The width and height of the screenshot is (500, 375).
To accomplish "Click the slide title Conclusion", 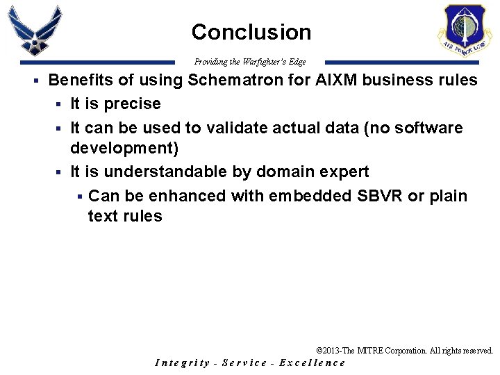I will pos(251,32).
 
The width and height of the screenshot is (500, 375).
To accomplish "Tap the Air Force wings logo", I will pos(35,31).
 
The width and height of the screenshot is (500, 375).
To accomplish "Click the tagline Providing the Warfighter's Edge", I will pos(250,62).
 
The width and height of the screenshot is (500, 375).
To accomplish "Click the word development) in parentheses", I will pos(124,149).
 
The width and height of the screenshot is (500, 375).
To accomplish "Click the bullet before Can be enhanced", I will pos(80,197).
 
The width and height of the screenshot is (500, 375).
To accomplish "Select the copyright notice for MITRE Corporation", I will pos(404,351).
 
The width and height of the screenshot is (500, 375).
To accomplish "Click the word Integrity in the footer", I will pos(182,362).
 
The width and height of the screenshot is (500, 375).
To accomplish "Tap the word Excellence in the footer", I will pos(312,362).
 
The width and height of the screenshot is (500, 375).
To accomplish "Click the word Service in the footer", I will pos(244,362).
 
